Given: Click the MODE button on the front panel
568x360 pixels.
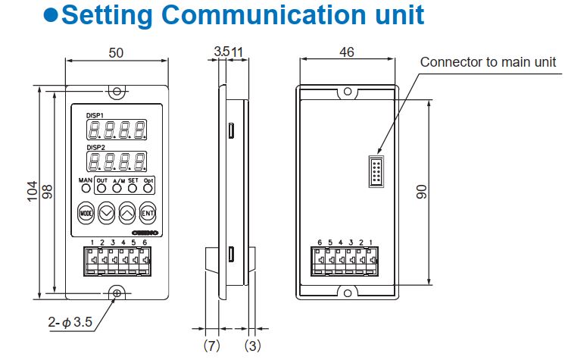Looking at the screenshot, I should click(85, 212).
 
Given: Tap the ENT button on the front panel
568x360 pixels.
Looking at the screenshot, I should click(148, 212).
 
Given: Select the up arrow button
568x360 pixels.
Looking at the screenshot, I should click(127, 212).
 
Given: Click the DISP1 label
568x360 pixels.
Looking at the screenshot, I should click(95, 114).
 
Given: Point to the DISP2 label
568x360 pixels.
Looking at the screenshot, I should click(95, 147).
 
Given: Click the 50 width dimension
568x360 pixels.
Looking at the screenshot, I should click(115, 53).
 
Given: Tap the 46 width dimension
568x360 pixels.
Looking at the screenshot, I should click(346, 53).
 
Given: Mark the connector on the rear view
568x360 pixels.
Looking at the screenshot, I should click(373, 171).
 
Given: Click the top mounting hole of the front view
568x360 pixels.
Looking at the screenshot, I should click(116, 91).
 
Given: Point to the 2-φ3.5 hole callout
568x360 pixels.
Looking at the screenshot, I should click(70, 322).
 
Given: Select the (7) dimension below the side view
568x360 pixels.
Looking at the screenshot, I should click(212, 346).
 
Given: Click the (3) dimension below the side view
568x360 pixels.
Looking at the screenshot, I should click(253, 346).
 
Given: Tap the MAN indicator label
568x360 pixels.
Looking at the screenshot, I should click(85, 180).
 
